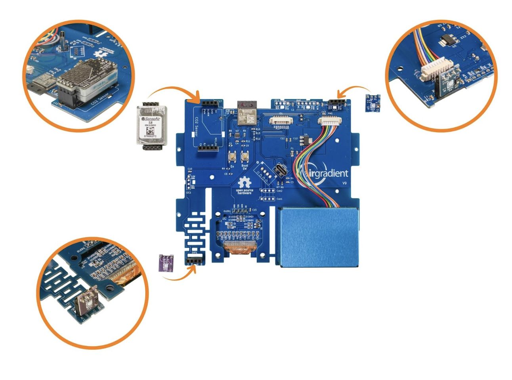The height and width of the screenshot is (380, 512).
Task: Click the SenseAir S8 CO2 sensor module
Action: (152, 126)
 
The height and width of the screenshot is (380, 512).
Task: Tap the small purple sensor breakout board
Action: (166, 263)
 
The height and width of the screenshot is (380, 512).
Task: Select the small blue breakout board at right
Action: (373, 103)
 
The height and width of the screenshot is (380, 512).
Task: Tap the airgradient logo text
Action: (327, 173)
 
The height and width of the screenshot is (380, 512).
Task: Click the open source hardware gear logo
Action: (245, 183)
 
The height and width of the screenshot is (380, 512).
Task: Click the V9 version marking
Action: (344, 183)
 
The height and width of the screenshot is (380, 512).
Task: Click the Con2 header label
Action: (279, 191)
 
